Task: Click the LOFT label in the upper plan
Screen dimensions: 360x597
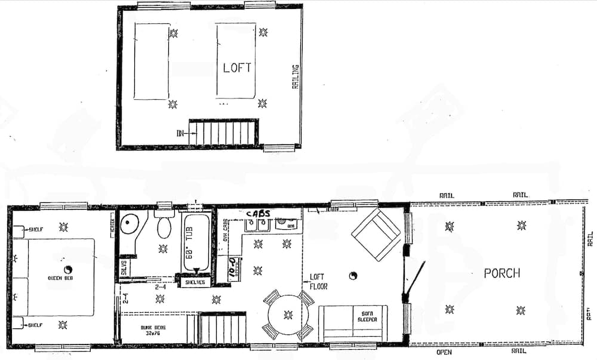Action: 237,67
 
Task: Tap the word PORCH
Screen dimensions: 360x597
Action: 501,273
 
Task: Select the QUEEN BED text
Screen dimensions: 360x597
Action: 60,278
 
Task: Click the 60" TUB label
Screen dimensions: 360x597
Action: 197,242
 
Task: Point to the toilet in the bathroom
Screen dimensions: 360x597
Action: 164,226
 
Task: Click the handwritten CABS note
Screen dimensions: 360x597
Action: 257,213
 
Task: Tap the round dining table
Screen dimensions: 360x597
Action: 288,315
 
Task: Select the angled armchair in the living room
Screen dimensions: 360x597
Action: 376,234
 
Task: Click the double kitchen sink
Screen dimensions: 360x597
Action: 259,224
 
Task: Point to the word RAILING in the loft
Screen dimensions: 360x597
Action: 295,76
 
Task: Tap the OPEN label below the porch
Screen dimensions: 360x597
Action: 444,352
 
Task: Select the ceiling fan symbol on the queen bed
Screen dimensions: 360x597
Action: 67,269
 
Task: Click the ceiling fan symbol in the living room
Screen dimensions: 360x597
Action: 353,276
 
